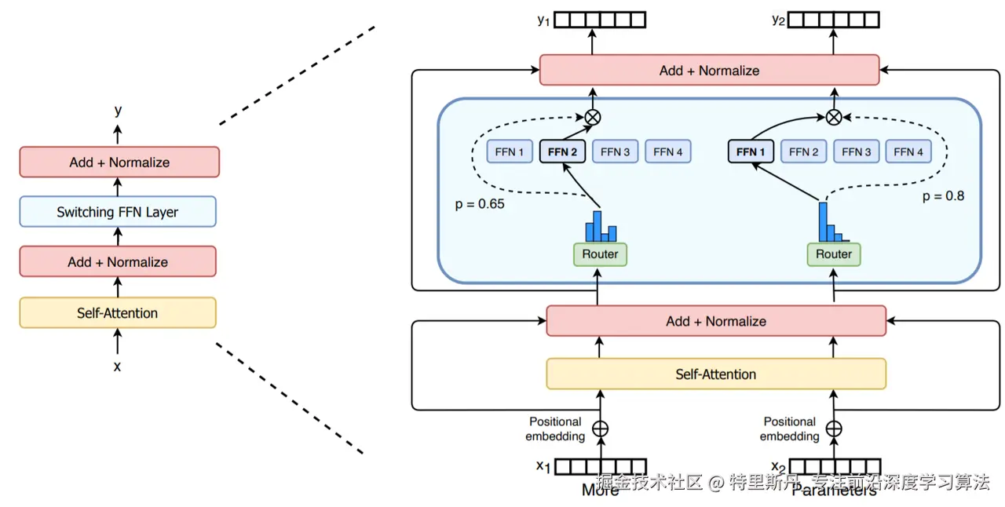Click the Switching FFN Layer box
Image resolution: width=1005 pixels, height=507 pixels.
(x=118, y=212)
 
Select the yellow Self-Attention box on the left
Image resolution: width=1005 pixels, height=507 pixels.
(x=118, y=313)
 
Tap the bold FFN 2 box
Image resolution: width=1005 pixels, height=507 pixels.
(x=563, y=151)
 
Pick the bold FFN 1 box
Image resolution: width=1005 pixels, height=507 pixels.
(x=751, y=151)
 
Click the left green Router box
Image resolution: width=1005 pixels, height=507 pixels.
(x=600, y=254)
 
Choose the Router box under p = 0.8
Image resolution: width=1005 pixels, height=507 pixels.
(x=834, y=254)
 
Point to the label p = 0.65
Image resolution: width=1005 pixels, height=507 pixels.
(x=480, y=204)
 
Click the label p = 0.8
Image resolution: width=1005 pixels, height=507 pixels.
(x=943, y=196)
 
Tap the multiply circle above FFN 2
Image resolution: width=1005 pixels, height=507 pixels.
(x=594, y=117)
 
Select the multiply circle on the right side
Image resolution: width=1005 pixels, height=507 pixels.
(x=834, y=117)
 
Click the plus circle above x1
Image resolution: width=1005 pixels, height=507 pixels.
(x=600, y=429)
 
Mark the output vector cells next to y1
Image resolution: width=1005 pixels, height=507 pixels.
(x=601, y=20)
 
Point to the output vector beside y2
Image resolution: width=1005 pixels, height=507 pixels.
(x=834, y=20)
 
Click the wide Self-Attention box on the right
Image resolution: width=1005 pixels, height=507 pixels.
(x=715, y=374)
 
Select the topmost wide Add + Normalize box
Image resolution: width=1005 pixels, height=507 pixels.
(x=709, y=70)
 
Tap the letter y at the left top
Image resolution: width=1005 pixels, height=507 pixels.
(x=118, y=111)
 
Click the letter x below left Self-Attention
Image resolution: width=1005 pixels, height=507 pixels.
(x=118, y=366)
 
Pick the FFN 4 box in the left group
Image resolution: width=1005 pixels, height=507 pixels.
(x=668, y=151)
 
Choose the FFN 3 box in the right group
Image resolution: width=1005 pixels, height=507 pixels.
(x=856, y=151)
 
